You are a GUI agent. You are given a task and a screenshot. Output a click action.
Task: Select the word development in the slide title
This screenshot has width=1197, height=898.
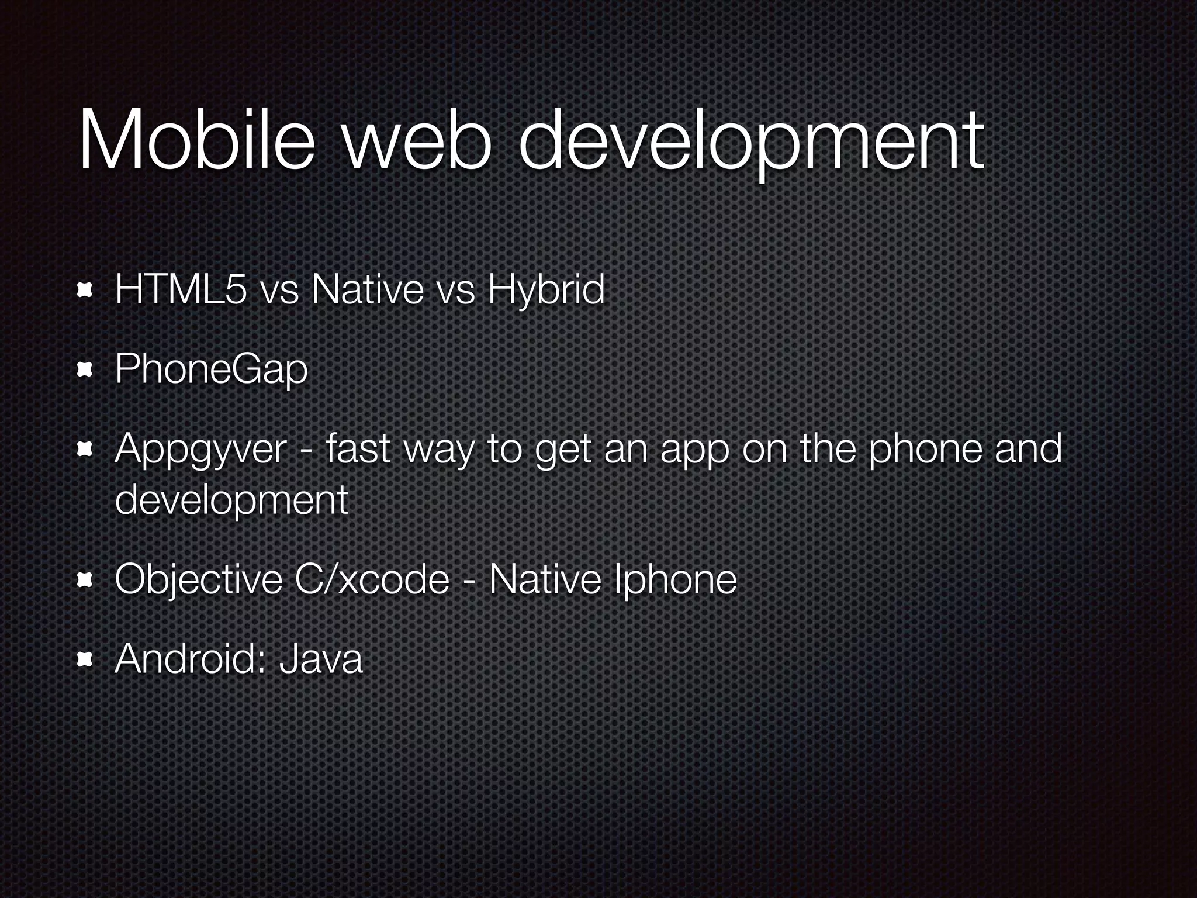tap(752, 143)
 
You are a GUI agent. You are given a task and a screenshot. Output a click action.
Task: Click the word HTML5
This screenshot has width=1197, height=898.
tap(181, 289)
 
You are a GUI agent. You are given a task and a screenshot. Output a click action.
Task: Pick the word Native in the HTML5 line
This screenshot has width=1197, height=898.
tap(368, 289)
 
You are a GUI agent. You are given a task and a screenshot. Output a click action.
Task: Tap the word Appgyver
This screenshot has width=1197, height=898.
tap(201, 450)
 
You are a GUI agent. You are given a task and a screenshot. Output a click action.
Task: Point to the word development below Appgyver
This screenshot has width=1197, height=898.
tap(231, 500)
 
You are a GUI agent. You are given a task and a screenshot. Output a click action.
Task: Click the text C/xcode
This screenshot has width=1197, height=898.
tap(372, 579)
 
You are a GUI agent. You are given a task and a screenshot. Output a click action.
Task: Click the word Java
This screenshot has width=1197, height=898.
tap(321, 659)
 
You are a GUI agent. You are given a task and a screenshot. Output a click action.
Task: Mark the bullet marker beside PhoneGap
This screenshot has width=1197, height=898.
tap(85, 369)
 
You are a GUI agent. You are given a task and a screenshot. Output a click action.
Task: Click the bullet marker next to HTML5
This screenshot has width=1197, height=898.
tap(85, 290)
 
